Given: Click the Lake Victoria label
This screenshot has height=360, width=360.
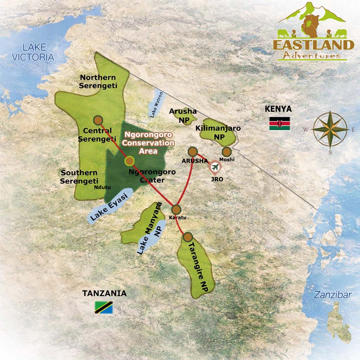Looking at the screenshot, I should click(x=33, y=52).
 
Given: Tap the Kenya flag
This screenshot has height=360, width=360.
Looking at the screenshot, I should click(x=279, y=124).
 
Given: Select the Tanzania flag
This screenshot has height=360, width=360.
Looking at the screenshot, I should click(x=104, y=307).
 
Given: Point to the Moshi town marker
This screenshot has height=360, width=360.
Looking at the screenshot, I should click(x=227, y=152).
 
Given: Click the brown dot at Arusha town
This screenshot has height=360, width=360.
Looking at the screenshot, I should click(x=193, y=152).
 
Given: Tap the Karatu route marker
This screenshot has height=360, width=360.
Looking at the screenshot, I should click(x=176, y=210).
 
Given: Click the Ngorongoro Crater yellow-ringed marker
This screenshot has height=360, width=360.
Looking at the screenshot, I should click(x=129, y=161).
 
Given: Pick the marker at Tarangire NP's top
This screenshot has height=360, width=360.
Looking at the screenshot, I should click(x=187, y=237).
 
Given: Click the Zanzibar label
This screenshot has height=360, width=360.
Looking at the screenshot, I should click(x=333, y=295).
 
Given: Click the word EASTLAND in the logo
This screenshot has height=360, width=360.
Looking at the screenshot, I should click(x=313, y=45).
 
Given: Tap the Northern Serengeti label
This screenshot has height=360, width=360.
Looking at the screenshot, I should click(x=97, y=81).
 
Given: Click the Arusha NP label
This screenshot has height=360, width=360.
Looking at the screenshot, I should click(x=183, y=116).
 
